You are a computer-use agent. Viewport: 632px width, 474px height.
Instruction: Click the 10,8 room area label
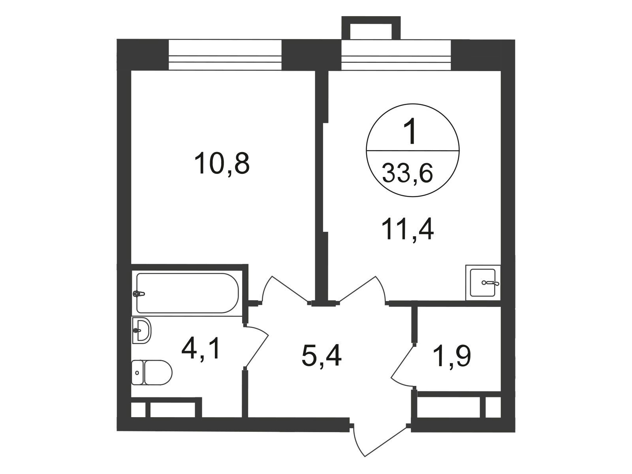click(222, 164)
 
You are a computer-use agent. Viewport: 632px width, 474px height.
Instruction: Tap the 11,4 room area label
click(407, 229)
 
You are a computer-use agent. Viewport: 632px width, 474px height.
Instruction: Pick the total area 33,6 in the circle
click(407, 173)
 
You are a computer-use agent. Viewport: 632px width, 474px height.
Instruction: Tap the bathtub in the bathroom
click(188, 293)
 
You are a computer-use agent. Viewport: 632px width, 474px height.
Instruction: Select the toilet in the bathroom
click(151, 372)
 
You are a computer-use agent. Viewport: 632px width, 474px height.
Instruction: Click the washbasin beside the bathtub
click(141, 330)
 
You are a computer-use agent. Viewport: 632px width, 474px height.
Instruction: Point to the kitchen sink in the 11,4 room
click(483, 282)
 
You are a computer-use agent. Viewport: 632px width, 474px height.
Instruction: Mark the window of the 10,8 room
click(225, 55)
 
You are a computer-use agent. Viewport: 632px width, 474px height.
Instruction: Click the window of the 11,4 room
click(396, 55)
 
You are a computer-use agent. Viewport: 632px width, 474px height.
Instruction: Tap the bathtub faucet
click(139, 293)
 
